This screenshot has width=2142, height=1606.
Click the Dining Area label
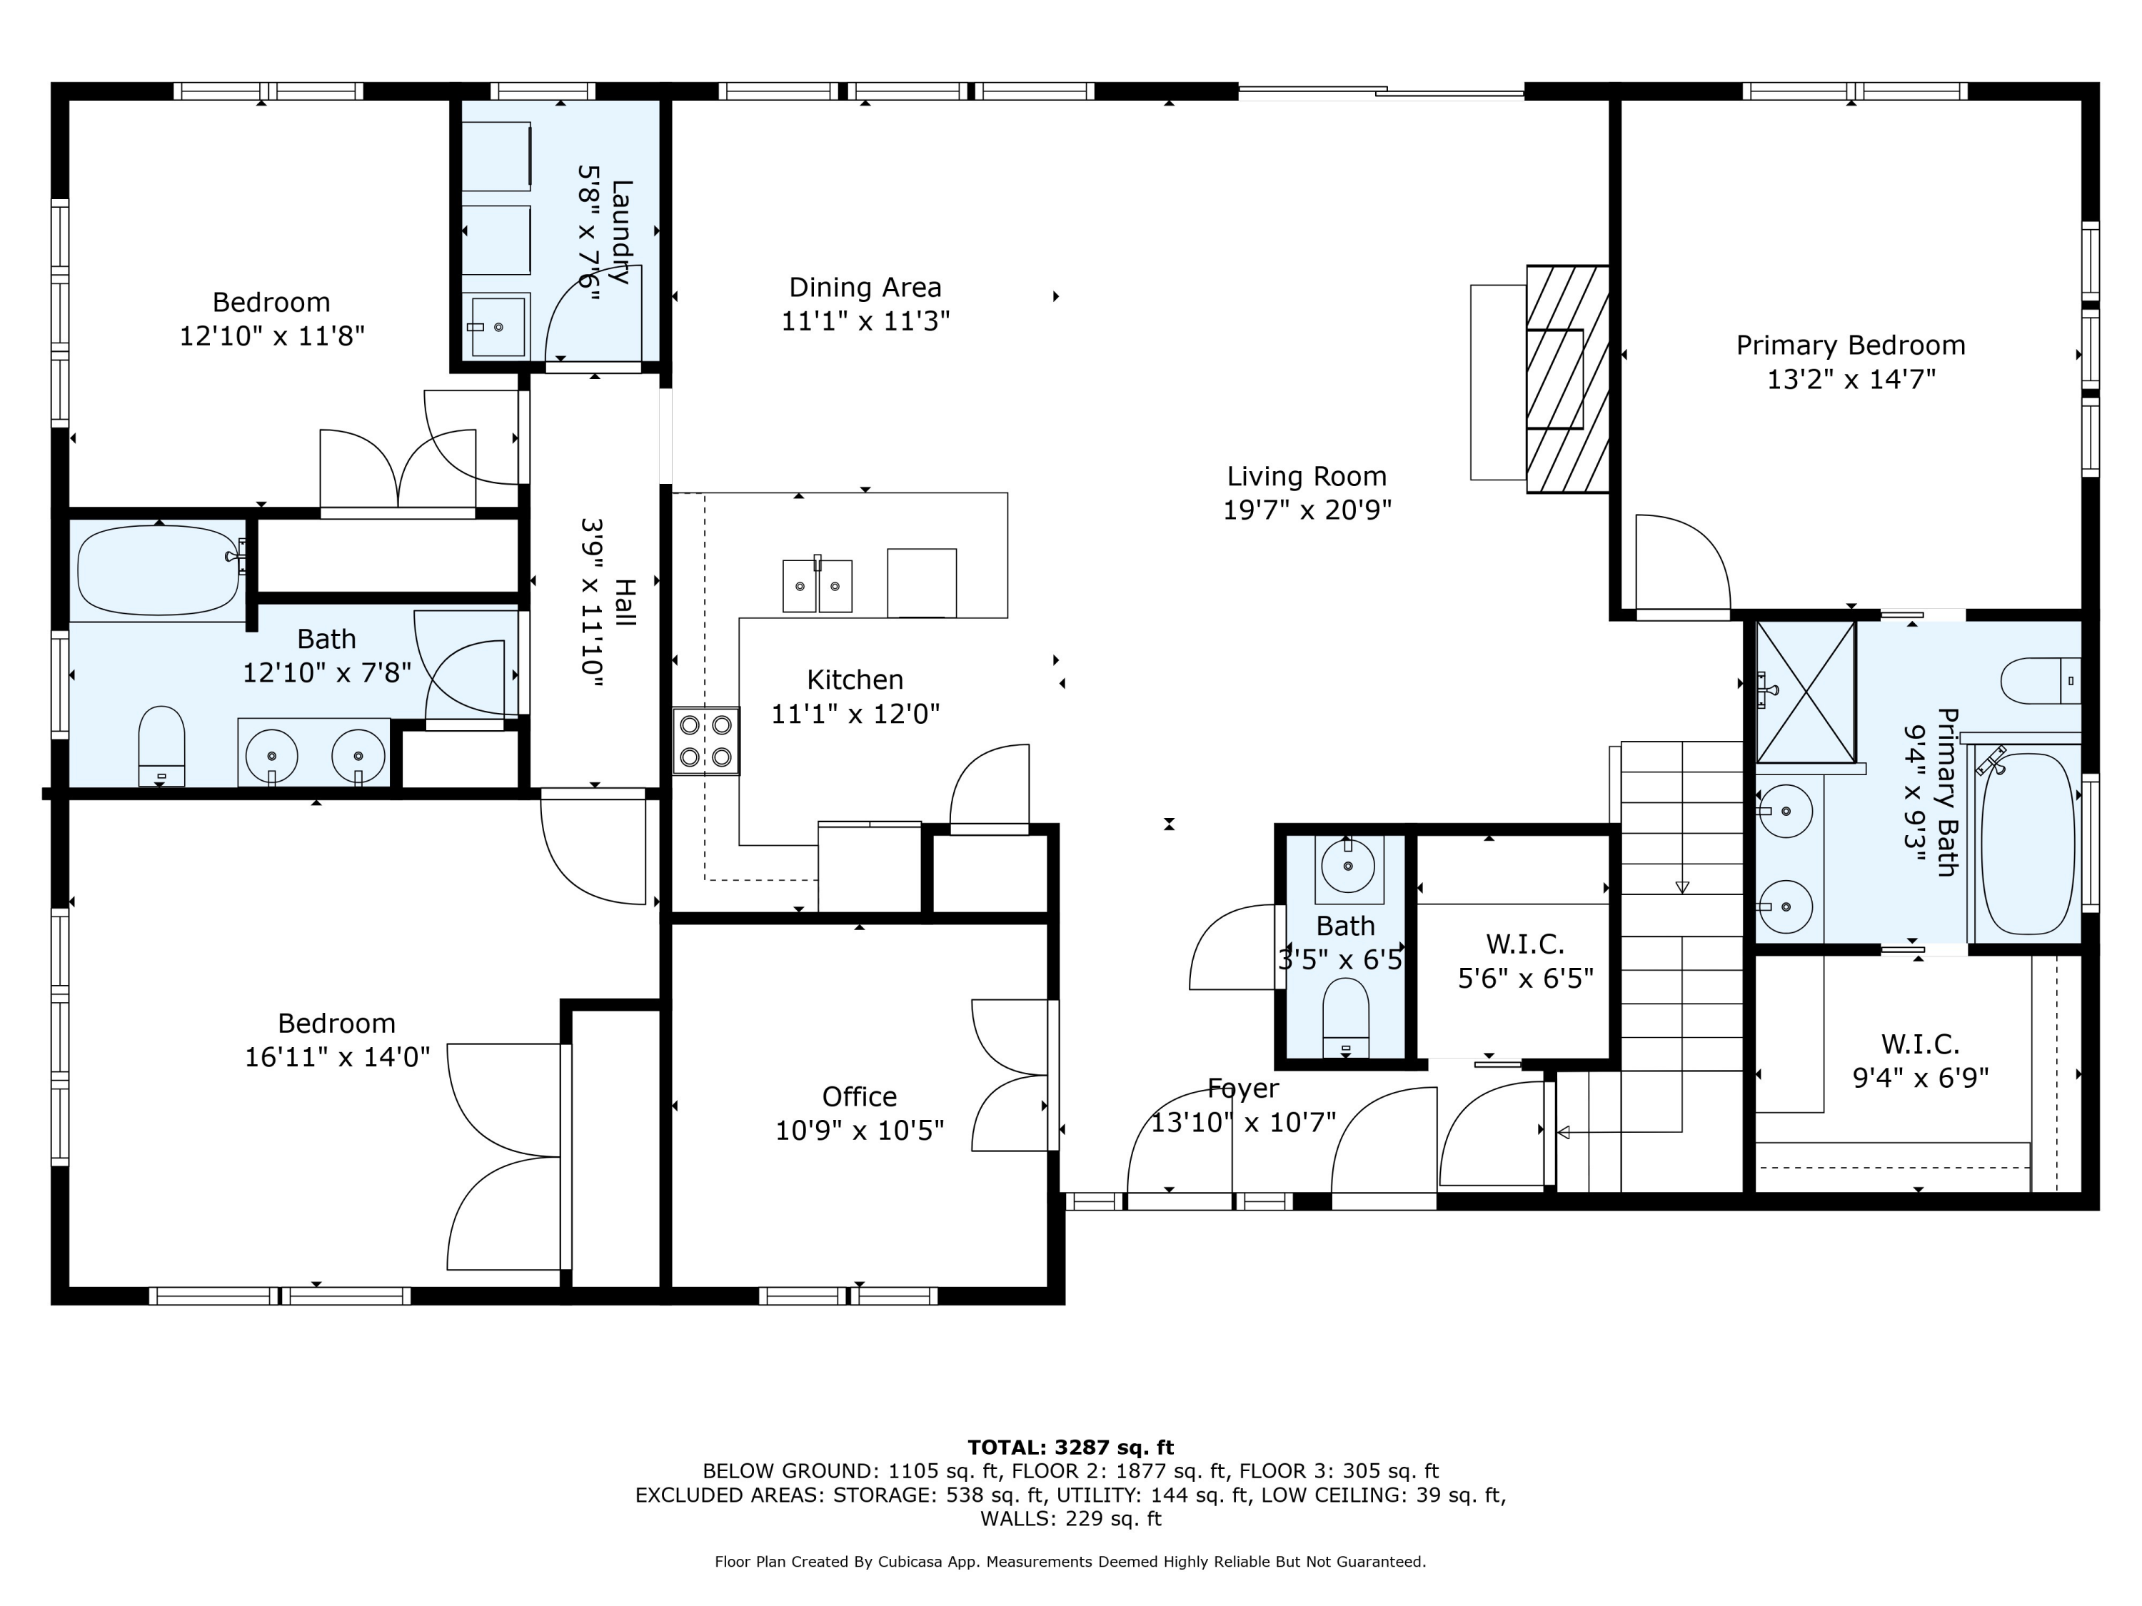(x=865, y=288)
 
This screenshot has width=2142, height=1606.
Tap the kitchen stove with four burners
(x=706, y=741)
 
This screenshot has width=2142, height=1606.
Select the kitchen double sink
(x=818, y=585)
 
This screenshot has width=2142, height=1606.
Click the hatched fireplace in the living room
(x=1568, y=378)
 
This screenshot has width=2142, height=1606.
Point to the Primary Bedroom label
(x=1851, y=345)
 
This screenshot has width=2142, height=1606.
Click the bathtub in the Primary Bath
(x=2028, y=843)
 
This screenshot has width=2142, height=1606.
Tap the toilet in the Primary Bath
(x=2041, y=680)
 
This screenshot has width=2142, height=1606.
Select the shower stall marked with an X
(x=1806, y=692)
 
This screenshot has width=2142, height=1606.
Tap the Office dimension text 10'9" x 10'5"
(x=859, y=1131)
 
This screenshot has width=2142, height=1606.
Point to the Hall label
(x=625, y=602)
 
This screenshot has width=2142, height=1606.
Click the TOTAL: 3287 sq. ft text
(x=1070, y=1448)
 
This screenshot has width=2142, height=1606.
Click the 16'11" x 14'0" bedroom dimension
(x=337, y=1056)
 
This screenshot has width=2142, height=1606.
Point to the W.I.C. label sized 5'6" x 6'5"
(x=1525, y=943)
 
